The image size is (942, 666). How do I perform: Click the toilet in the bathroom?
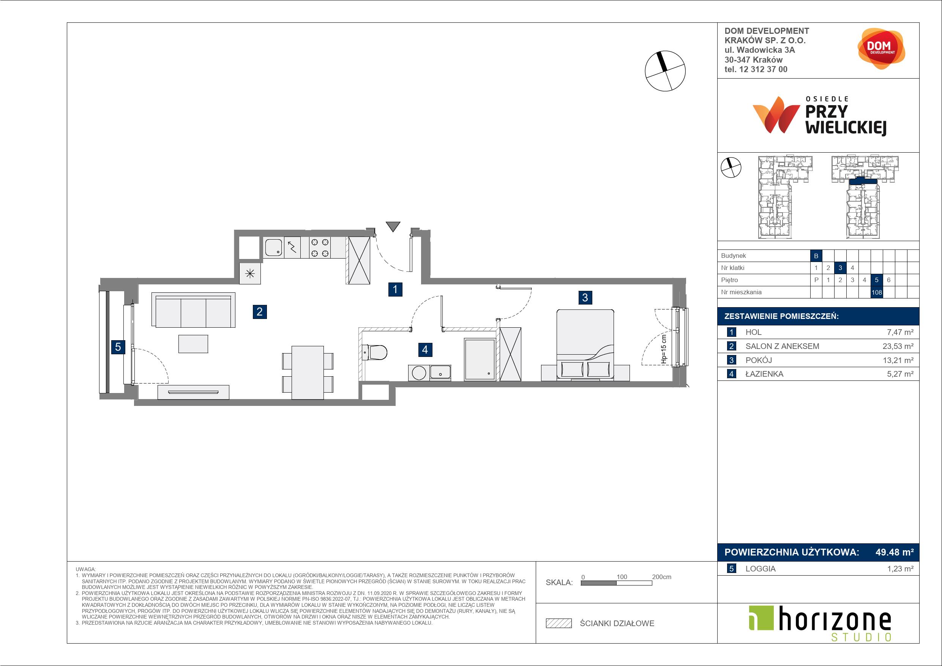pyautogui.click(x=375, y=352)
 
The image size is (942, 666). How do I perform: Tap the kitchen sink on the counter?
pyautogui.click(x=273, y=248)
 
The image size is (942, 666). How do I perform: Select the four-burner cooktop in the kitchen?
pyautogui.click(x=320, y=248)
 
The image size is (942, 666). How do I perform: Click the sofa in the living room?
pyautogui.click(x=193, y=310)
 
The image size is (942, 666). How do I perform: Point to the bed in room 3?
pyautogui.click(x=585, y=345)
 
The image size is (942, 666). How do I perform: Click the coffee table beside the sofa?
pyautogui.click(x=193, y=344)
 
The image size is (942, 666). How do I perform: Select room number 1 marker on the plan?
pyautogui.click(x=395, y=289)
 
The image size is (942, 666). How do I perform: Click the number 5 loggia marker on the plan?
pyautogui.click(x=118, y=347)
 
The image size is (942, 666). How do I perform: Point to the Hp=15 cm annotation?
pyautogui.click(x=664, y=349)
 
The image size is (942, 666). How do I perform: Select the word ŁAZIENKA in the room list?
pyautogui.click(x=764, y=374)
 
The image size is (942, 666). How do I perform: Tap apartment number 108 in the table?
pyautogui.click(x=876, y=292)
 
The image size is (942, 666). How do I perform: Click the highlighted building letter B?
pyautogui.click(x=816, y=256)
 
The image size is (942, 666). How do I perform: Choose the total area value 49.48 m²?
pyautogui.click(x=895, y=552)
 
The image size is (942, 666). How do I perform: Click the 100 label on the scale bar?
pyautogui.click(x=622, y=576)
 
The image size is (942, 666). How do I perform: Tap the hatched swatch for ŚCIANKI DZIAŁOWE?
pyautogui.click(x=559, y=623)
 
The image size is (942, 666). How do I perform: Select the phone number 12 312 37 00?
pyautogui.click(x=763, y=69)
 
